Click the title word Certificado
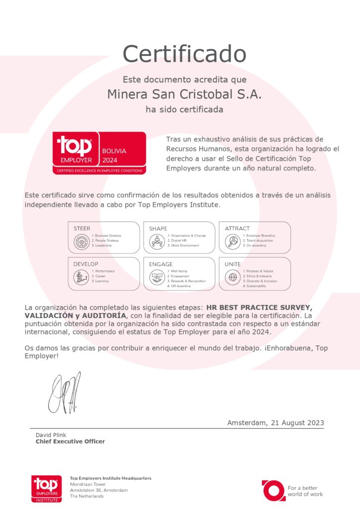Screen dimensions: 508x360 [184, 54]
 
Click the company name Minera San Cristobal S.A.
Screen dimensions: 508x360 [184, 94]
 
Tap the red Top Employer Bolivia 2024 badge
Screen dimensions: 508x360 [99, 153]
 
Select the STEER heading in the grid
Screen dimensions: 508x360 [82, 229]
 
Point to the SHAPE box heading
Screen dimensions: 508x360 [158, 229]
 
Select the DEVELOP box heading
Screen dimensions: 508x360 [86, 264]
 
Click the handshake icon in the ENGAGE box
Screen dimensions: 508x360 [156, 278]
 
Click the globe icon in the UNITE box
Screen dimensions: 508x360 [232, 278]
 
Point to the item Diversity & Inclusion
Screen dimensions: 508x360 [260, 281]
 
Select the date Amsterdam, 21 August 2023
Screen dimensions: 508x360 [276, 423]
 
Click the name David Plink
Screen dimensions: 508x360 [51, 435]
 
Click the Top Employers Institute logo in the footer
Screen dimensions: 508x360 [47, 488]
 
